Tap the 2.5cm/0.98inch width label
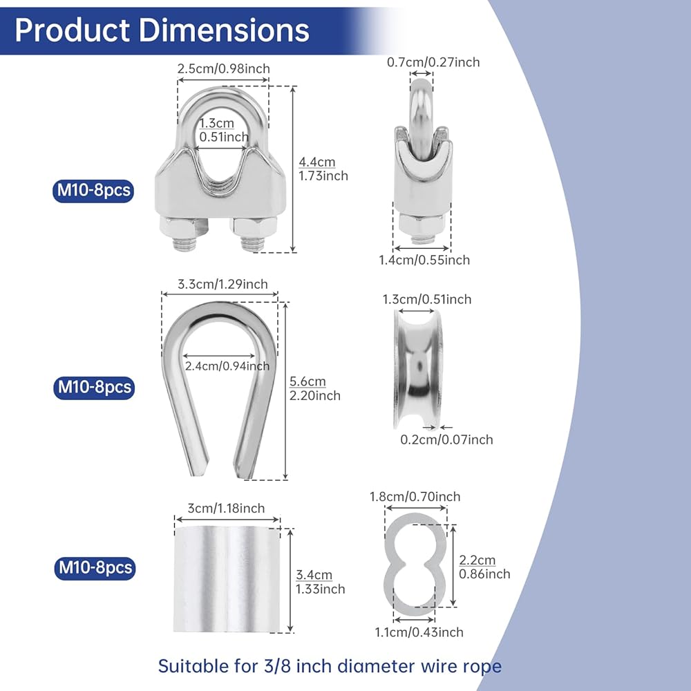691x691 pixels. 223,68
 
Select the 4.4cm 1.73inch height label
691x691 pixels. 323,169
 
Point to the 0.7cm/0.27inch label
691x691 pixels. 433,62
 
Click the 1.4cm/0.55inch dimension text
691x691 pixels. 424,260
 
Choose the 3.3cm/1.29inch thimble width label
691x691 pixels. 223,284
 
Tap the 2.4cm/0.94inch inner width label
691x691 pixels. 227,366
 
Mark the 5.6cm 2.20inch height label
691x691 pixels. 314,388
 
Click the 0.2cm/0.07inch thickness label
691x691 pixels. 446,439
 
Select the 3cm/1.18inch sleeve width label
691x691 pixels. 226,508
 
